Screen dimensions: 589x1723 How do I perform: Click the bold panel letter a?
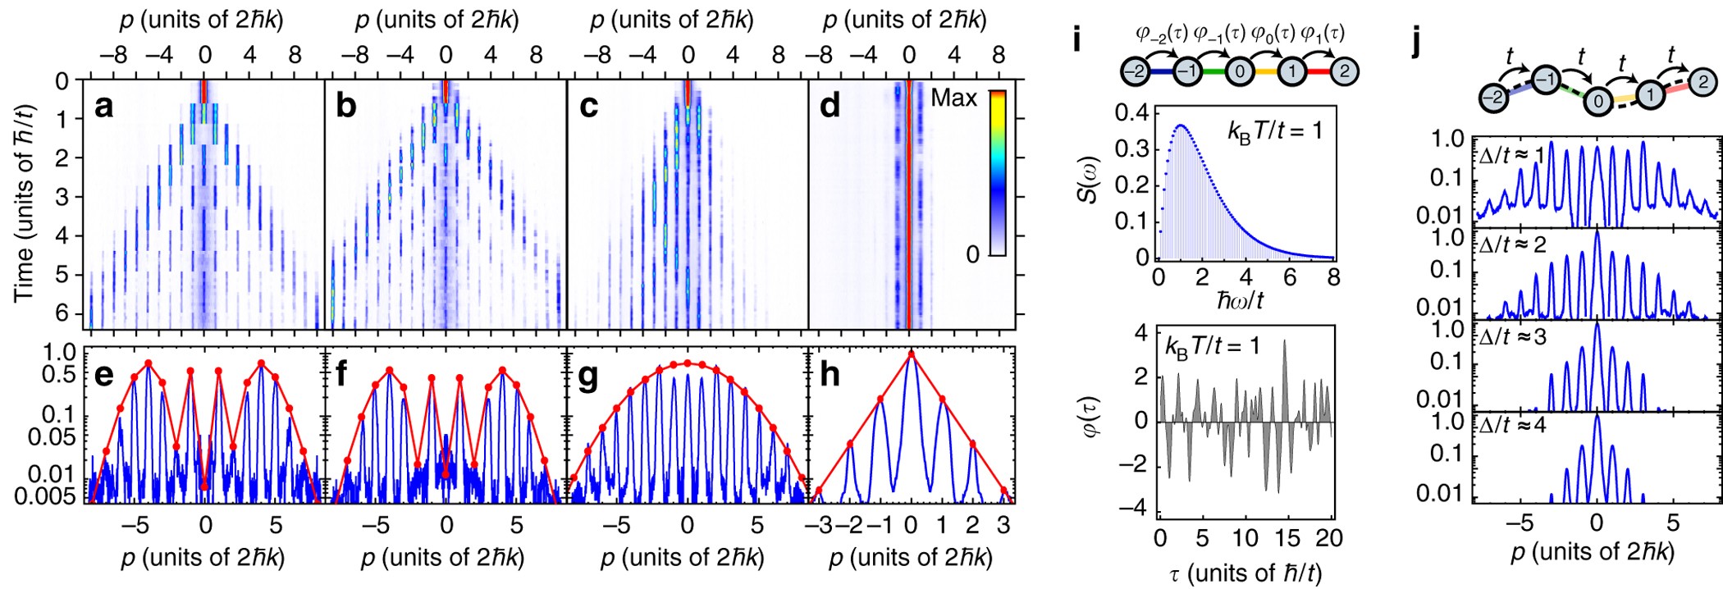[103, 107]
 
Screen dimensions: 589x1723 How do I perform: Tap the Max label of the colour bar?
[953, 98]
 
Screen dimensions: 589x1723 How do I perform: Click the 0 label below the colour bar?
[972, 255]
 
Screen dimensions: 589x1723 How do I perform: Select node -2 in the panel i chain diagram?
[1135, 71]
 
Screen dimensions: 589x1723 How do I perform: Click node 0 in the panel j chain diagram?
[1597, 102]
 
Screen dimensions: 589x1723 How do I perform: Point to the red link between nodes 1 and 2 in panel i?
[1318, 71]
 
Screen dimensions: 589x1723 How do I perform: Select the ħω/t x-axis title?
[1240, 301]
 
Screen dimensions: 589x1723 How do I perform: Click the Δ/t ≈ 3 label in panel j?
[1514, 337]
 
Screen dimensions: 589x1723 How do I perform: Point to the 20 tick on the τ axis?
[1329, 538]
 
